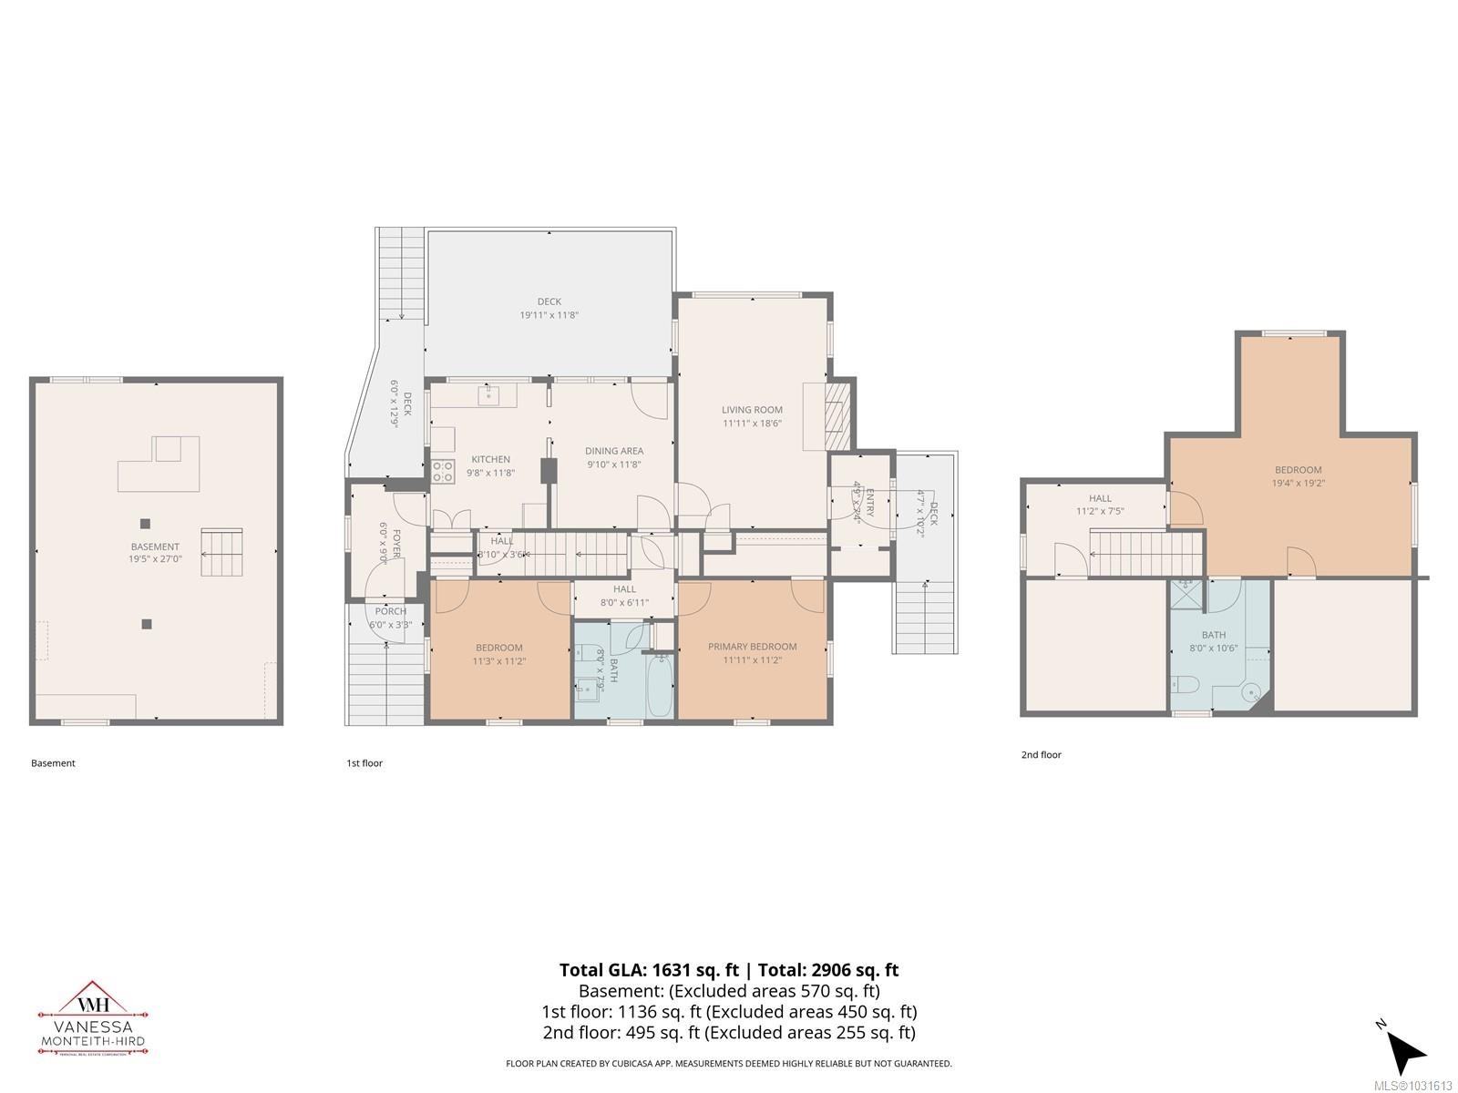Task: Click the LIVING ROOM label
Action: [x=752, y=410]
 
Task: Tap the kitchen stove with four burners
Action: [x=443, y=471]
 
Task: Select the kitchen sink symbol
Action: [x=489, y=394]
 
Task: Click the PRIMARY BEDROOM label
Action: [x=752, y=647]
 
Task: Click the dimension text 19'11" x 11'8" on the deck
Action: [x=549, y=315]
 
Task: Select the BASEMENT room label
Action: [x=155, y=546]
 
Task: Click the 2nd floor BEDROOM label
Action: [x=1298, y=470]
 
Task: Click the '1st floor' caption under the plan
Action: [x=364, y=763]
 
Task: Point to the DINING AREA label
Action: [x=613, y=451]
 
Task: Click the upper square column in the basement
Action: [x=145, y=523]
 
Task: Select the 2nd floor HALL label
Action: [x=1100, y=498]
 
